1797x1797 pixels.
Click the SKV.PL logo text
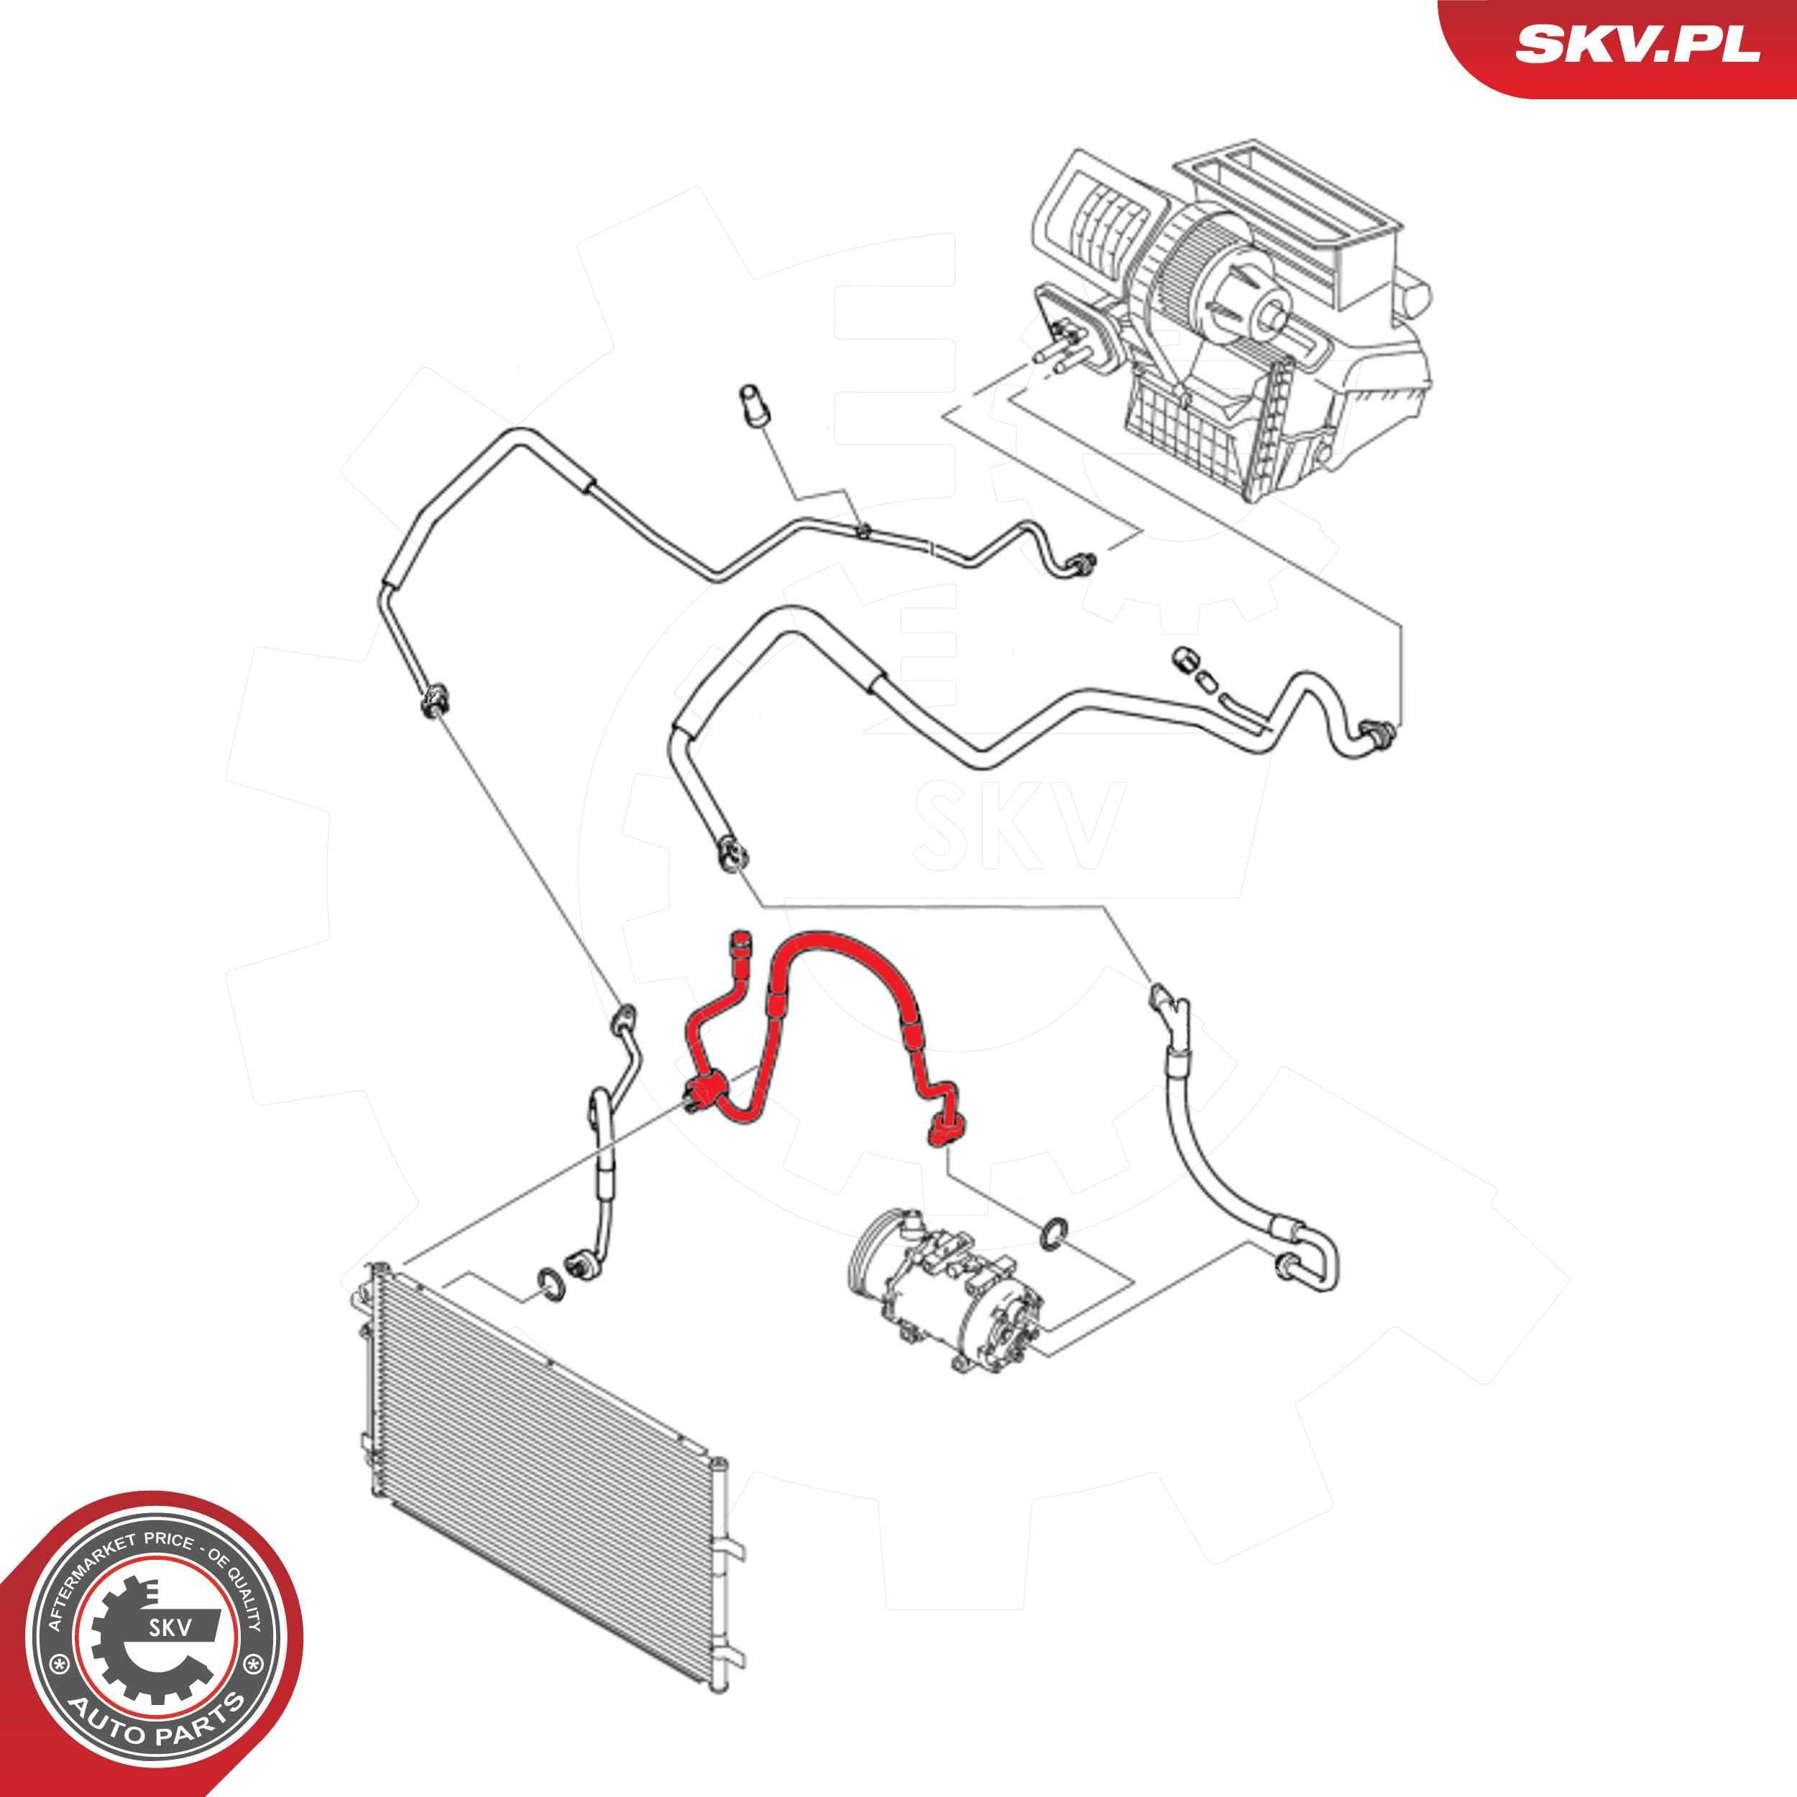(x=1624, y=44)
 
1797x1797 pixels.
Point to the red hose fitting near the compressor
(x=945, y=1129)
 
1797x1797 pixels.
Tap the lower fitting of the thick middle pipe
(x=731, y=852)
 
